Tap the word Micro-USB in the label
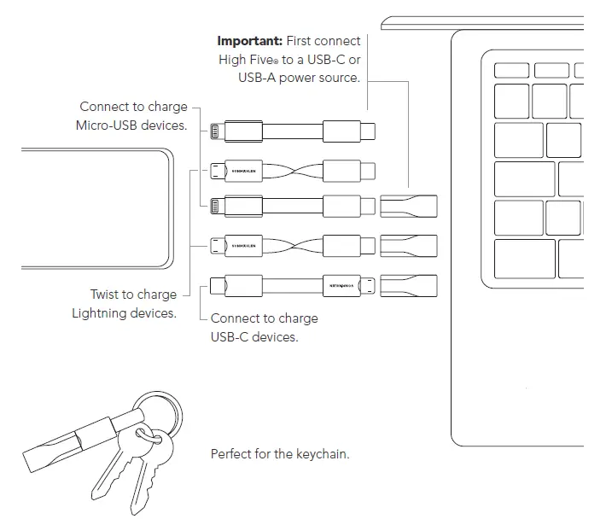coord(109,125)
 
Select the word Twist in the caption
coord(108,295)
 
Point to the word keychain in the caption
coord(321,454)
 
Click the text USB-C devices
coord(254,336)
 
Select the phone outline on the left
coord(94,209)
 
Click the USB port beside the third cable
coord(408,207)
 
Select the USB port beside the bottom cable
coord(408,285)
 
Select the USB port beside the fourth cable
coord(408,246)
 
